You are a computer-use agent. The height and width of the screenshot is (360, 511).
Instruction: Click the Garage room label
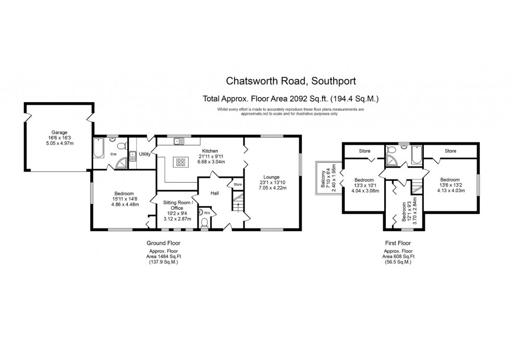pyautogui.click(x=58, y=133)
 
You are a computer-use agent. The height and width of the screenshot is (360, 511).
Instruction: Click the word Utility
pyautogui.click(x=145, y=154)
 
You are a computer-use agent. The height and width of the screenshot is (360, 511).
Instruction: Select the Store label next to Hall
pyautogui.click(x=237, y=184)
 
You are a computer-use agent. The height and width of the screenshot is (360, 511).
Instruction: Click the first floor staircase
pyautogui.click(x=416, y=187)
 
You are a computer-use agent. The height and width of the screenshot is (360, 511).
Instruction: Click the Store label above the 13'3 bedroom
pyautogui.click(x=364, y=151)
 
